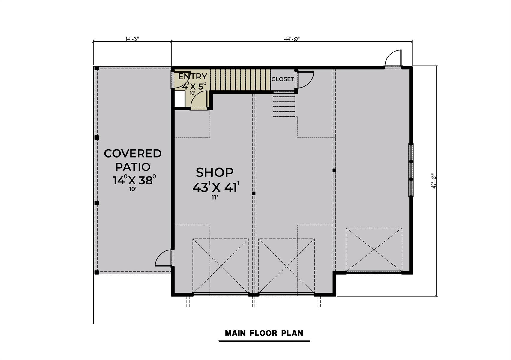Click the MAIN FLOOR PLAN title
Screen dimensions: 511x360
(264, 333)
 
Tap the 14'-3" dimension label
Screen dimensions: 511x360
(132, 39)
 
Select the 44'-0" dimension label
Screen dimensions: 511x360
(292, 39)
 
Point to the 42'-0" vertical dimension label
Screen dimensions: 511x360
(434, 181)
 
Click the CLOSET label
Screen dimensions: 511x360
(283, 79)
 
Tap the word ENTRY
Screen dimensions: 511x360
(193, 76)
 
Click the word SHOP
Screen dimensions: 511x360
(215, 172)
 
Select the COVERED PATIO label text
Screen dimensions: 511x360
(133, 160)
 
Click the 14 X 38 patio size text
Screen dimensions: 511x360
(134, 180)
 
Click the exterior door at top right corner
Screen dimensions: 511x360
(393, 58)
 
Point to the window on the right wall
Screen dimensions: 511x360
(411, 170)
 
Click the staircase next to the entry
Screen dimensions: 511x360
(240, 79)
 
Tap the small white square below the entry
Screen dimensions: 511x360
(179, 99)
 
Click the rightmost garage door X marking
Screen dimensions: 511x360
(374, 249)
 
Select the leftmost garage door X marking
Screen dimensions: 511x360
(221, 266)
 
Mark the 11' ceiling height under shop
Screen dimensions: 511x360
(215, 198)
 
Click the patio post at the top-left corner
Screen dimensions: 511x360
(97, 68)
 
